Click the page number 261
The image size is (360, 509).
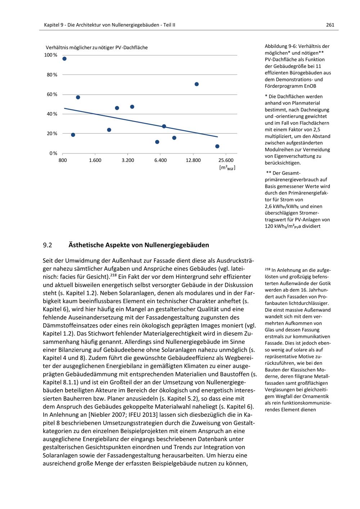(x=330, y=25)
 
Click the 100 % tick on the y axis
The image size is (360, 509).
(x=51, y=55)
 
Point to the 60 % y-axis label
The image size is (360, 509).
(x=52, y=94)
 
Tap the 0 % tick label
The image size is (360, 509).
(x=54, y=153)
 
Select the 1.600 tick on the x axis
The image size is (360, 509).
(x=95, y=160)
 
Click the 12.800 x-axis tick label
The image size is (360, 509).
(x=193, y=160)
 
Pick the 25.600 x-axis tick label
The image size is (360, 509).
(x=226, y=160)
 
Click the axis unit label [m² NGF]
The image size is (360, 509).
(x=227, y=168)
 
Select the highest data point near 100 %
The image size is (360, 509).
(x=64, y=59)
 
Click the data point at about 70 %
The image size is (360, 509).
(x=197, y=84)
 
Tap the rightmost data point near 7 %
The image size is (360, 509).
(x=217, y=146)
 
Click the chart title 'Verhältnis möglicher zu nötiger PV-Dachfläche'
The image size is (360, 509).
(x=96, y=48)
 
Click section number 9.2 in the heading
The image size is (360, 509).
(x=48, y=245)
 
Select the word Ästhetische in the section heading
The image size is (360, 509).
(x=86, y=245)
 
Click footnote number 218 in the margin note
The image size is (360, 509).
(x=267, y=269)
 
